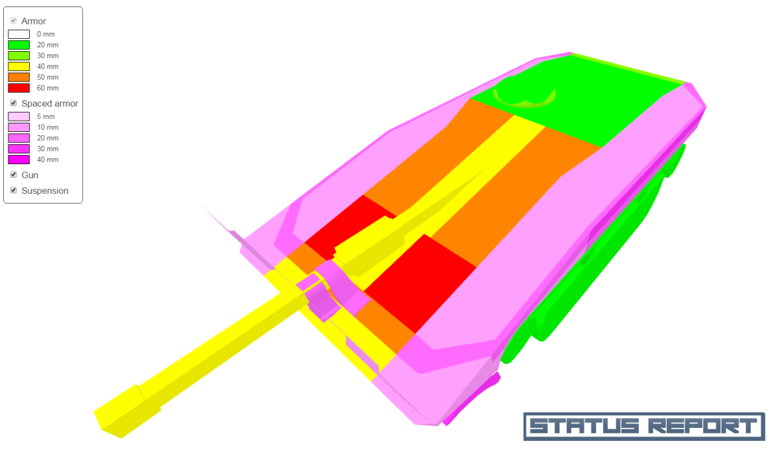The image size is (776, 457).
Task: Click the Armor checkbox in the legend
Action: click(14, 21)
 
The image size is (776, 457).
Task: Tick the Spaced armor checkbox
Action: click(14, 103)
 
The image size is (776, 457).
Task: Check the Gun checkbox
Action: click(14, 175)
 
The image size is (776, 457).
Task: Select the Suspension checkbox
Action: click(14, 191)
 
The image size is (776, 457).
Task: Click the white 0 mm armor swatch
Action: click(19, 34)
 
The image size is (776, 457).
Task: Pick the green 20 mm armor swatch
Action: click(19, 45)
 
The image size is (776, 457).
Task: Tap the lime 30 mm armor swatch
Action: click(19, 56)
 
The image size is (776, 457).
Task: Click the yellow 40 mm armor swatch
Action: click(19, 67)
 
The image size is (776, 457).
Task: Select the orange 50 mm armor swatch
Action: click(19, 77)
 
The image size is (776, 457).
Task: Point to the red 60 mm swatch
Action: click(19, 88)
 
